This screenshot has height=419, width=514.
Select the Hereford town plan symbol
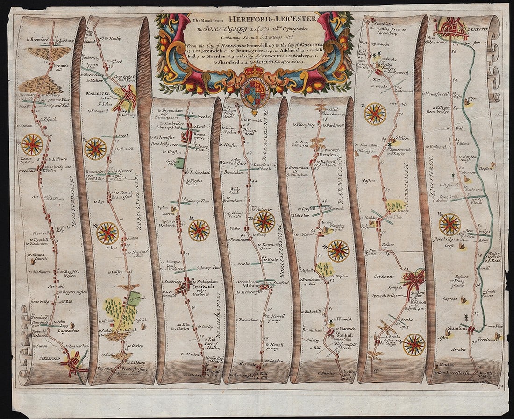pos(73,363)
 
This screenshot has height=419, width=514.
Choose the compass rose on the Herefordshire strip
pos(32,144)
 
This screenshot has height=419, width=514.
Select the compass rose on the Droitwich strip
pos(199,230)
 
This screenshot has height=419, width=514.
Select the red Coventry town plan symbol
pos(414,280)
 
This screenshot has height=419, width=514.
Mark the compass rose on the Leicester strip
pos(450,224)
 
